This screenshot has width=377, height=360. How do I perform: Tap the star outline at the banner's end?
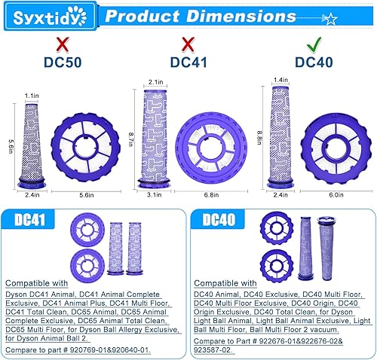pyautogui.click(x=329, y=16)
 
